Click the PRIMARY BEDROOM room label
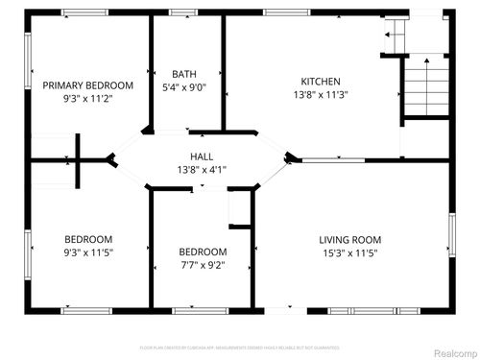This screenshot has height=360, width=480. coord(88,85)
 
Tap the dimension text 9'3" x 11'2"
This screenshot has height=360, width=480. coord(88,98)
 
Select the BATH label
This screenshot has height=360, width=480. coord(184,74)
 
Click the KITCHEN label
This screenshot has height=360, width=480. coord(320,82)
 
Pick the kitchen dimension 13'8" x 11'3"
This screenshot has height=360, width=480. coord(320,95)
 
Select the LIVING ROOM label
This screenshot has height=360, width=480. coord(349,239)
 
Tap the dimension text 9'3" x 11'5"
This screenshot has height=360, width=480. coord(88,252)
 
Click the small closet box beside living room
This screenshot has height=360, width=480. coord(239,208)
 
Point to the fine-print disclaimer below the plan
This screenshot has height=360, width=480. coord(239,347)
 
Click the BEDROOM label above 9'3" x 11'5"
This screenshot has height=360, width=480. coord(88,239)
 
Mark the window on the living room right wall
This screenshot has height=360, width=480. coord(449,241)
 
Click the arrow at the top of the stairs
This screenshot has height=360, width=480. coord(389,36)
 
